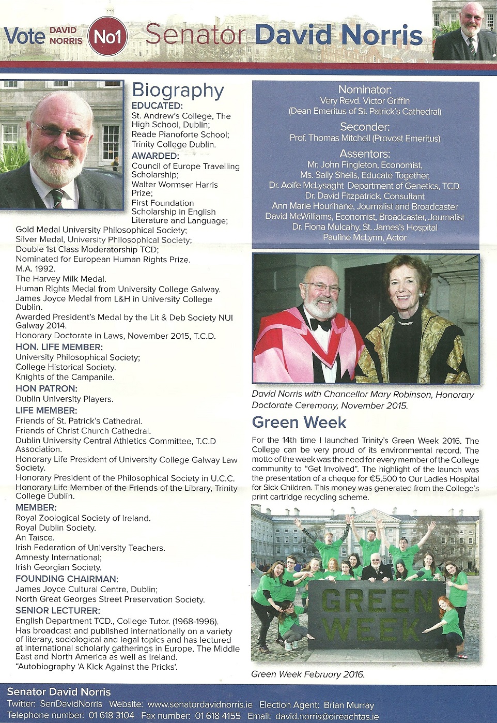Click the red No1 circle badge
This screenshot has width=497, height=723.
click(x=107, y=36)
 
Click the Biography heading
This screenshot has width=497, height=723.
click(x=178, y=91)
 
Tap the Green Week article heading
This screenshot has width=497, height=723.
click(x=299, y=423)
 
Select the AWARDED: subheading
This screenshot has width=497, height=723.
click(x=155, y=156)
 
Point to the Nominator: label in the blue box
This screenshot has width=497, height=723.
click(x=365, y=89)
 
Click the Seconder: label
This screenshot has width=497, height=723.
click(x=365, y=127)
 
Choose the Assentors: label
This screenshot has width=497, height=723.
click(x=365, y=154)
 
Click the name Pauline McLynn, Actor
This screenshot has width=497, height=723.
click(x=365, y=237)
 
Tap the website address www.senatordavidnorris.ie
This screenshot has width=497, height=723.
click(x=200, y=704)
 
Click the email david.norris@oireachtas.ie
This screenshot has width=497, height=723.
click(x=327, y=717)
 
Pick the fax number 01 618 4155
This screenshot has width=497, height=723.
click(x=218, y=716)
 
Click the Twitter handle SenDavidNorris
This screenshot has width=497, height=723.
click(x=71, y=704)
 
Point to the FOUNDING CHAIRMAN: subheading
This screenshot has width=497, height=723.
click(x=67, y=579)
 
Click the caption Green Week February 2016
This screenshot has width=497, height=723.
click(x=308, y=674)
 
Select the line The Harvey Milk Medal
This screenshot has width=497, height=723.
click(x=60, y=279)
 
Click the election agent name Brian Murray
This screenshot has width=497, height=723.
click(x=349, y=705)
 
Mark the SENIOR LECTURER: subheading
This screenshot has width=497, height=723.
click(x=57, y=610)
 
